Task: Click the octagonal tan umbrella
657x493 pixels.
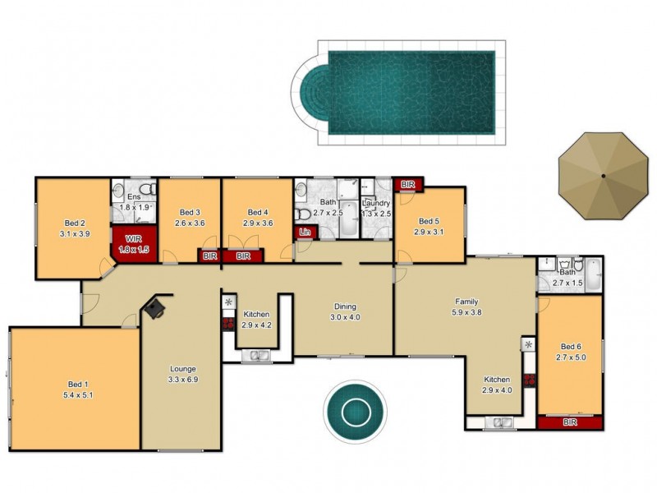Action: (x=602, y=175)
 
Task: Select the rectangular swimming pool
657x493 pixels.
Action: (x=411, y=93)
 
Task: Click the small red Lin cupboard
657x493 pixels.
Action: (x=306, y=233)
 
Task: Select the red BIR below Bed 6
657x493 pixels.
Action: (x=570, y=422)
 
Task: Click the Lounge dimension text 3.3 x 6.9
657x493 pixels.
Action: (x=182, y=380)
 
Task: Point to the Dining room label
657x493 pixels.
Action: (x=344, y=306)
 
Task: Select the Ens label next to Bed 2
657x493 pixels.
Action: (x=135, y=197)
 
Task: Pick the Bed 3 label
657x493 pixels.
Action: (x=190, y=211)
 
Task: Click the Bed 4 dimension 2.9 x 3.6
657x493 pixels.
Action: (x=258, y=222)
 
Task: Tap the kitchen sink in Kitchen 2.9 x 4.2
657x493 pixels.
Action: (x=260, y=356)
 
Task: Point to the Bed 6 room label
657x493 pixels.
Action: (x=570, y=346)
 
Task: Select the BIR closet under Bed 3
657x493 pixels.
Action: (x=209, y=256)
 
